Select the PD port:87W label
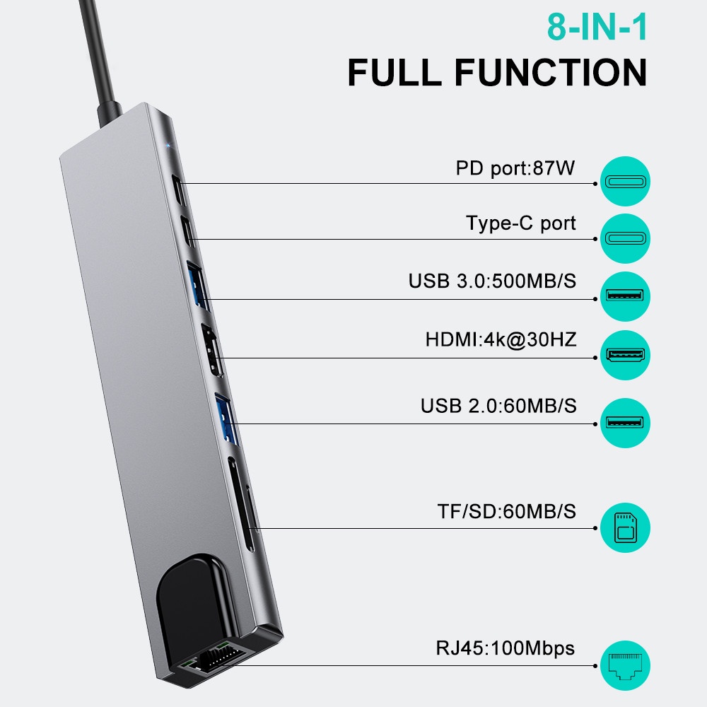coord(515,169)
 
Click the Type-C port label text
coord(521,224)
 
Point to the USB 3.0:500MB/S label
coord(492,281)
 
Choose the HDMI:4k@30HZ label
coord(501,339)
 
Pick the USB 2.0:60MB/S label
coord(498,406)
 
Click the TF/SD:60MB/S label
coord(506,511)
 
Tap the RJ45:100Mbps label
coord(505,648)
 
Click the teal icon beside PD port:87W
coord(625,182)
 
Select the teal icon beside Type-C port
coord(625,239)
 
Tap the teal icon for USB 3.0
coord(625,296)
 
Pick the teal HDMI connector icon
coord(625,353)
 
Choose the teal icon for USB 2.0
coord(625,423)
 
